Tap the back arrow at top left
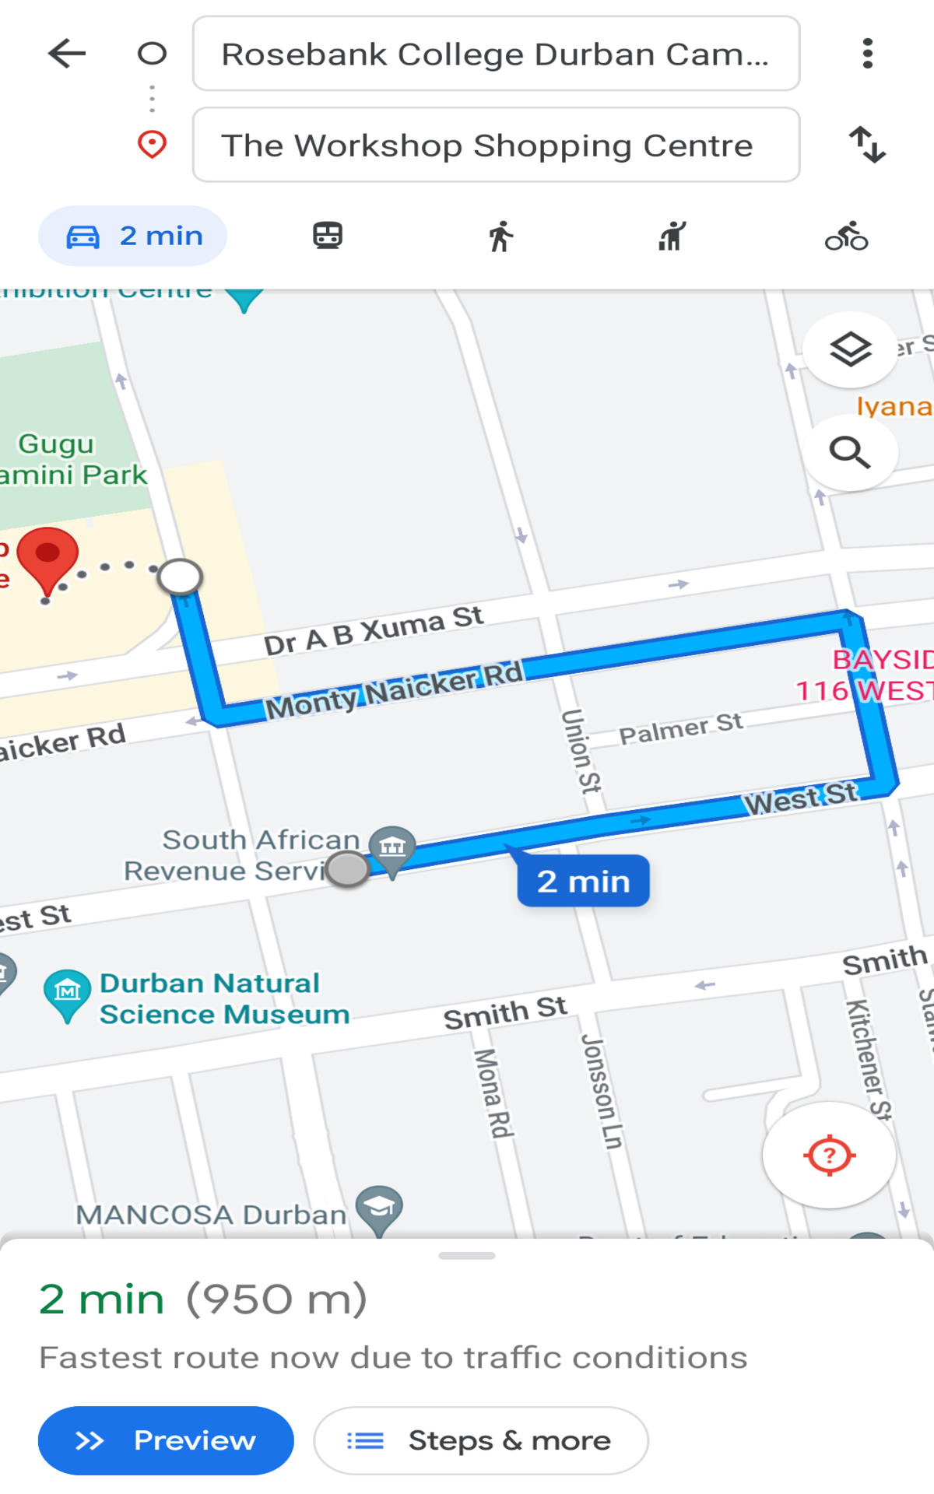pyautogui.click(x=67, y=54)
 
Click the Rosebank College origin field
pyautogui.click(x=496, y=54)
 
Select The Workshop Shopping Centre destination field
pyautogui.click(x=496, y=146)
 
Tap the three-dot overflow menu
pyautogui.click(x=867, y=54)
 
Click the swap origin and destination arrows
pyautogui.click(x=867, y=145)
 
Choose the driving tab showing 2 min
pyautogui.click(x=133, y=236)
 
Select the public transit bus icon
pyautogui.click(x=328, y=236)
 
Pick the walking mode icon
pyautogui.click(x=501, y=236)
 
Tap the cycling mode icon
pyautogui.click(x=847, y=236)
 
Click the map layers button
pyautogui.click(x=850, y=349)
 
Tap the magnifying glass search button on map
pyautogui.click(x=850, y=452)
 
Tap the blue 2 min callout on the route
pyautogui.click(x=583, y=882)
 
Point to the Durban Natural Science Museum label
pyautogui.click(x=224, y=998)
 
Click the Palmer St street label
pyautogui.click(x=680, y=728)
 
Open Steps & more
pyautogui.click(x=481, y=1440)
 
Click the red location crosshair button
pyautogui.click(x=829, y=1156)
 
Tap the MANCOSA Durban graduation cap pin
pyautogui.click(x=379, y=1207)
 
